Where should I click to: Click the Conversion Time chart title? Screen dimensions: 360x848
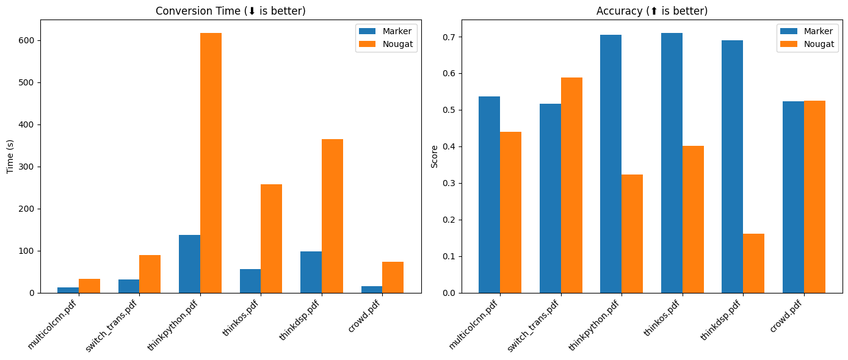coord(230,11)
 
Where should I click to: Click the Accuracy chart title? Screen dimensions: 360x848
coord(651,11)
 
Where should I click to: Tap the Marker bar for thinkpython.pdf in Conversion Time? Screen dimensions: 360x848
coord(189,264)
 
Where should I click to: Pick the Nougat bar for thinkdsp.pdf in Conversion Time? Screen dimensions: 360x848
coord(332,216)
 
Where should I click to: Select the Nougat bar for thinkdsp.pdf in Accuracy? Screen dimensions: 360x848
coord(753,263)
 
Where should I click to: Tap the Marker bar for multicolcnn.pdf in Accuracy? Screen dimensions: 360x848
coord(489,195)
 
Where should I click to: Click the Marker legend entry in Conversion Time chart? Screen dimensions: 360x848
coord(385,31)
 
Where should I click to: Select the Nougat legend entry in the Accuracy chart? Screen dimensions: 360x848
coord(806,44)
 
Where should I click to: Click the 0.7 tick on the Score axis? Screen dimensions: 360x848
coord(451,37)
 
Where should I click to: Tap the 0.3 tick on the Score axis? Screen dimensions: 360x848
coord(451,183)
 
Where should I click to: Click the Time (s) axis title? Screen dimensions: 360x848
coord(10,156)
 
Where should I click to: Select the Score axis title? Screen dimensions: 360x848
coord(434,156)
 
